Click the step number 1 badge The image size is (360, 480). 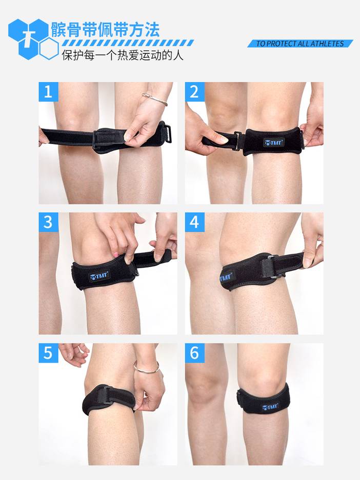click(48, 91)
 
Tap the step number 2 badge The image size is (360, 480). click(195, 91)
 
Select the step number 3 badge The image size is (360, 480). click(48, 222)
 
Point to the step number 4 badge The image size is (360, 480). click(195, 222)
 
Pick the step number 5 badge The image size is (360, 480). click(48, 353)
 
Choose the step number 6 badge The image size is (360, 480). click(195, 353)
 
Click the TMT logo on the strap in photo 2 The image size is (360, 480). click(274, 143)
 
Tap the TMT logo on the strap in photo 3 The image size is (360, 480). click(99, 276)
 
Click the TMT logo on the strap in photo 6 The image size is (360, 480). click(270, 407)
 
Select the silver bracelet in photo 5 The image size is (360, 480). click(146, 369)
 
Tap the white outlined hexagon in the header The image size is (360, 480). click(49, 48)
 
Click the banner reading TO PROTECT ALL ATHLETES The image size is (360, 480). click(300, 44)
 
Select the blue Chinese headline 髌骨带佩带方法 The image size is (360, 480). click(105, 29)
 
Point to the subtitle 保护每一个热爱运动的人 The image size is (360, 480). click(123, 55)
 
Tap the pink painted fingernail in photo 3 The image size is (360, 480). click(116, 254)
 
